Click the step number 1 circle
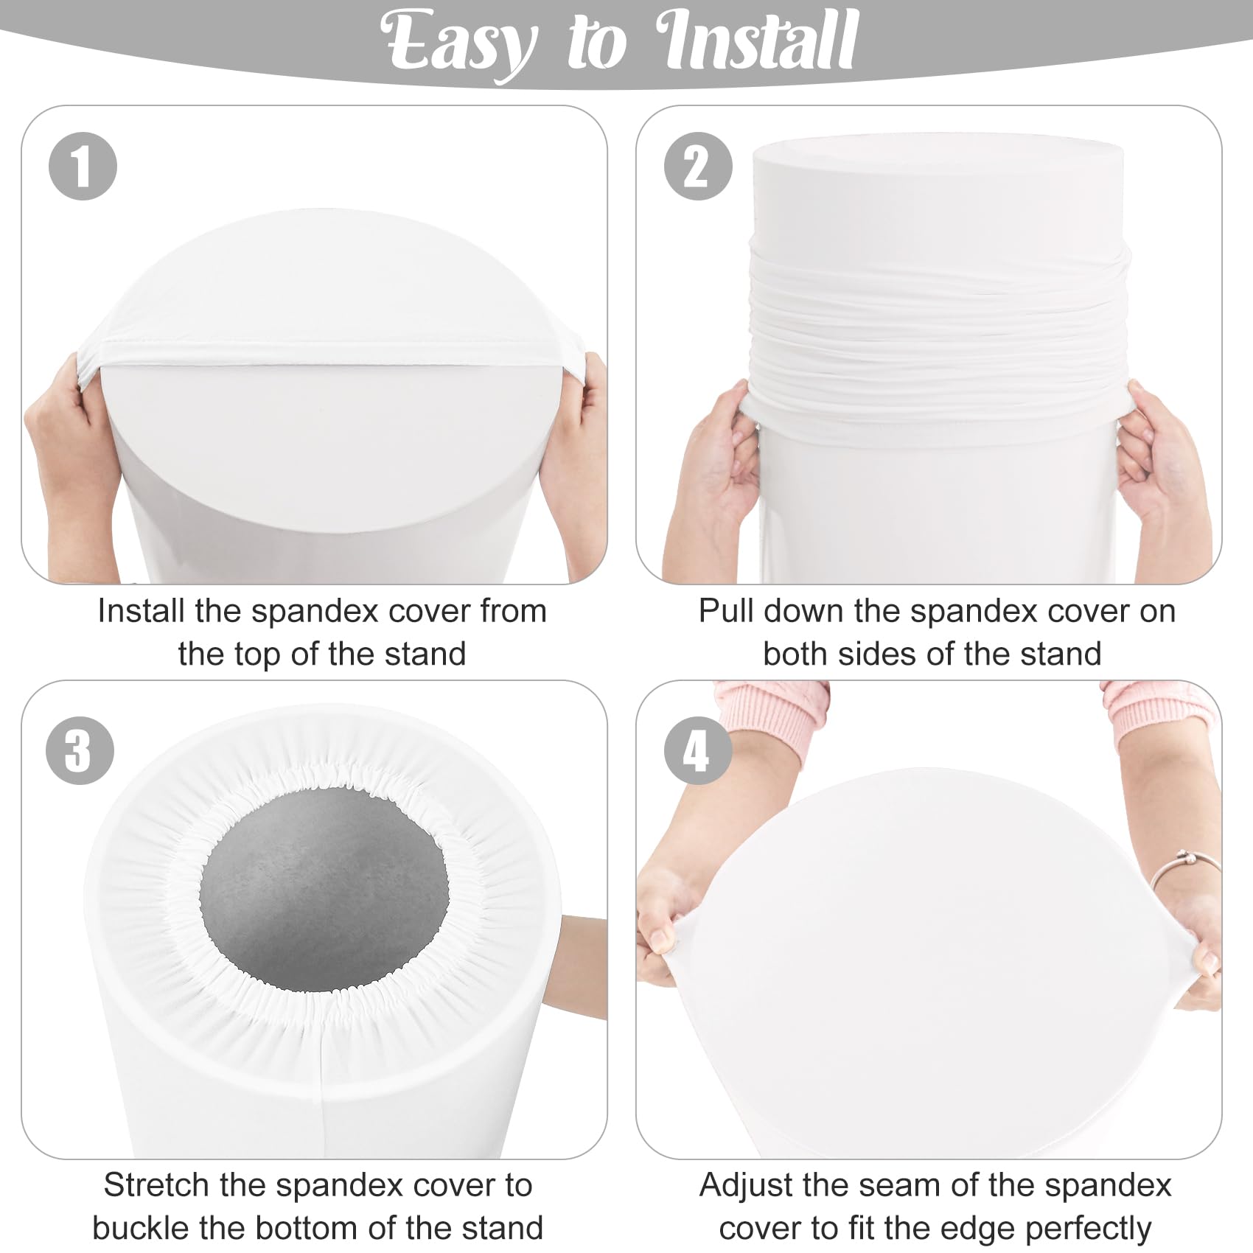(x=83, y=167)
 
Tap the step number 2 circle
(x=697, y=167)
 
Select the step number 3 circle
(x=80, y=750)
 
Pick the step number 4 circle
(x=697, y=750)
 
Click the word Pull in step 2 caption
(x=725, y=611)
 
